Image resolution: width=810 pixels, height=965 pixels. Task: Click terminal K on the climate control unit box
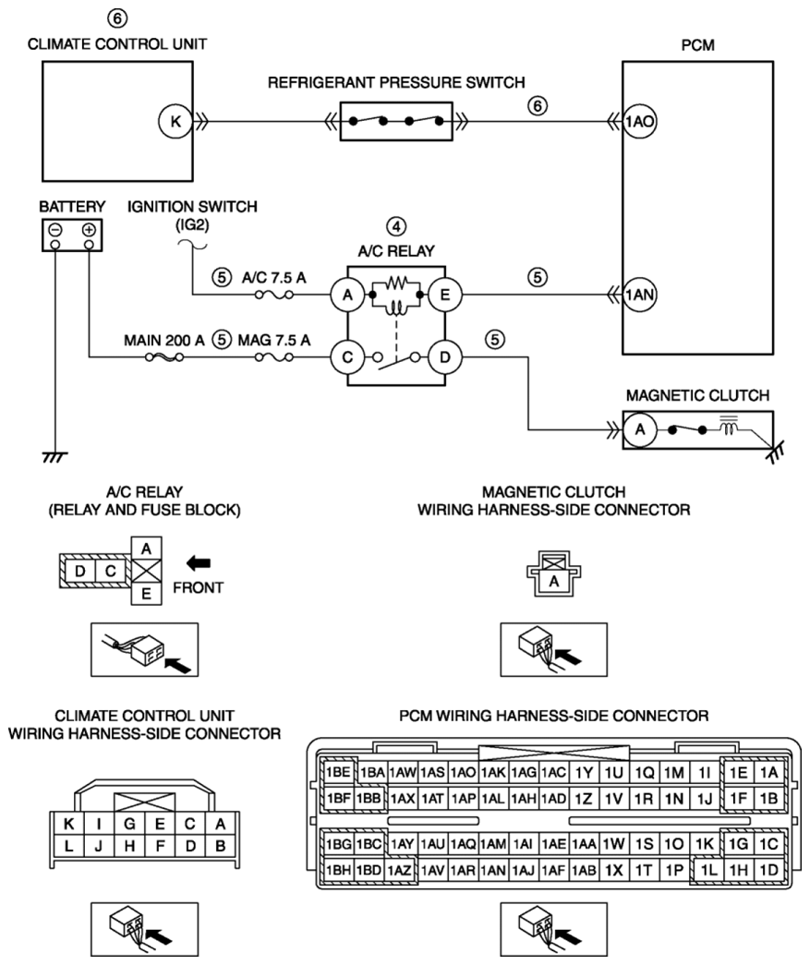point(175,121)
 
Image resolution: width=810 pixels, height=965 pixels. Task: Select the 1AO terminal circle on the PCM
point(639,121)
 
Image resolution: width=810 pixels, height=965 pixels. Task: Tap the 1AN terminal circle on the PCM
point(639,295)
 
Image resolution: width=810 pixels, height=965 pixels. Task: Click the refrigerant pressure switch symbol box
point(396,121)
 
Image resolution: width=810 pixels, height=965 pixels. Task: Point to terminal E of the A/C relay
point(444,295)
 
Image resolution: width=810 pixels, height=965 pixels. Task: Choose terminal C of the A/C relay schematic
point(347,357)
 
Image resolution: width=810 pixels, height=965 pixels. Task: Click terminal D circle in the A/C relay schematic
point(444,357)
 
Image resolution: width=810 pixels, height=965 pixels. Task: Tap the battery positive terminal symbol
point(90,230)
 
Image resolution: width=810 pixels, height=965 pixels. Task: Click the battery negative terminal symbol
point(55,230)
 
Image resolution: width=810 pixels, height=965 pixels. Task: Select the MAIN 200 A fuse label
point(163,340)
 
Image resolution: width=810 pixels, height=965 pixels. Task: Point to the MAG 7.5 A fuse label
point(274,340)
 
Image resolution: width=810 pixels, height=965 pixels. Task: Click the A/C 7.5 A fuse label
point(274,278)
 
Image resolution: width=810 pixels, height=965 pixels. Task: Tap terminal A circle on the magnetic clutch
point(639,429)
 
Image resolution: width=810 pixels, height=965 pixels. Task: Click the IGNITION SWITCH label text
point(192,206)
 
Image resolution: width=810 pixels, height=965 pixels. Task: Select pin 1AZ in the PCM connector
point(402,870)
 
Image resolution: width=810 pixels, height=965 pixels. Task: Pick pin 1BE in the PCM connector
point(338,772)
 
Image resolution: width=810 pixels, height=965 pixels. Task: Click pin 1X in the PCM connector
point(613,870)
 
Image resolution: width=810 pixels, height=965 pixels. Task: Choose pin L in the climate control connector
point(68,846)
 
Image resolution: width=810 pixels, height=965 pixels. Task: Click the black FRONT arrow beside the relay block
point(199,562)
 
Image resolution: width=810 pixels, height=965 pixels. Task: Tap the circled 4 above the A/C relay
point(396,226)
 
